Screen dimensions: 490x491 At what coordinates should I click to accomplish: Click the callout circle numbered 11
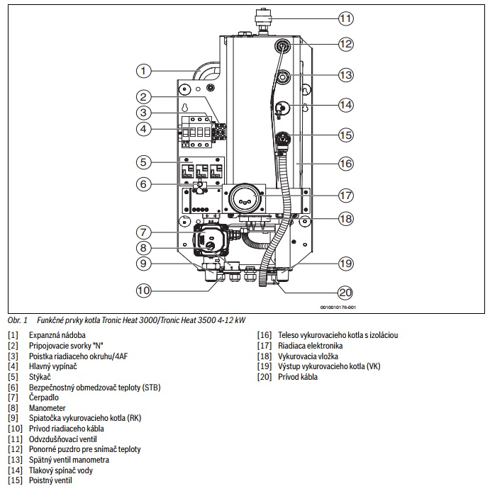(346, 18)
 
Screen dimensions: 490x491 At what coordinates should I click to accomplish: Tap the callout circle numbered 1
(143, 71)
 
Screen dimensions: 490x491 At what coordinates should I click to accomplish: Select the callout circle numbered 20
(346, 293)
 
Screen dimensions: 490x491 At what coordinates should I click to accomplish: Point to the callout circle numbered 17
(346, 196)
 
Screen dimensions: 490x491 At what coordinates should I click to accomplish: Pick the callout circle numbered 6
(143, 184)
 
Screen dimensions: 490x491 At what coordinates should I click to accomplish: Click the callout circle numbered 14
(346, 105)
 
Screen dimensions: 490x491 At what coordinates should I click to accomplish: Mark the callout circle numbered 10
(143, 290)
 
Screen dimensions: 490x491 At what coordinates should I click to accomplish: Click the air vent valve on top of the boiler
(262, 20)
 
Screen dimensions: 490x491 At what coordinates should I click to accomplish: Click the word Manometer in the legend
(47, 408)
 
